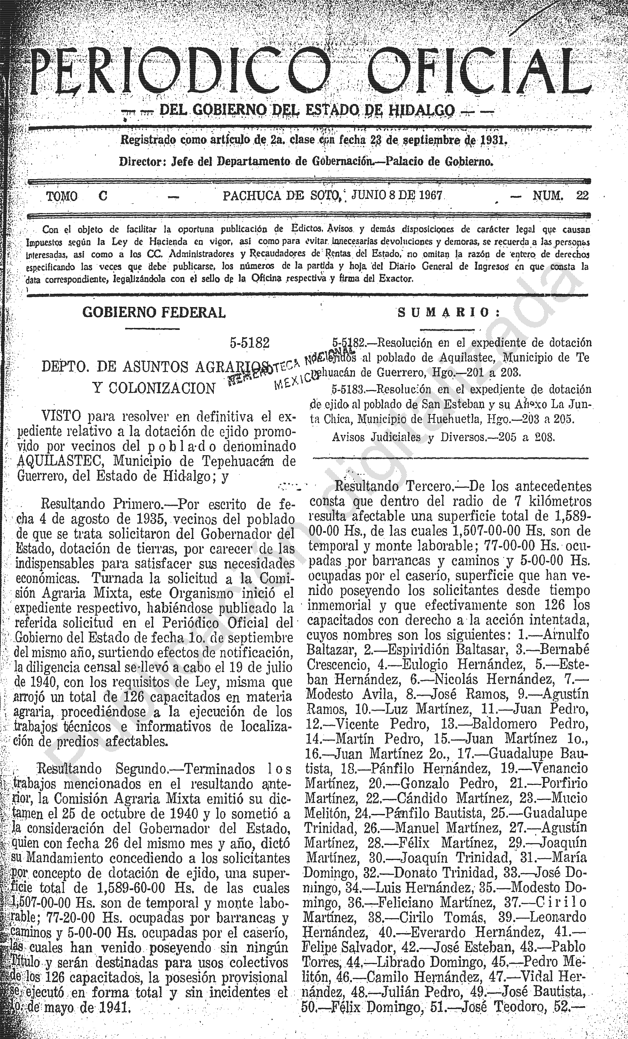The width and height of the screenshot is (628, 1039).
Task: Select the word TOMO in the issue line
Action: pyautogui.click(x=61, y=196)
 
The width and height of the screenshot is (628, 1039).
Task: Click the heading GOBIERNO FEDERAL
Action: pyautogui.click(x=154, y=312)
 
